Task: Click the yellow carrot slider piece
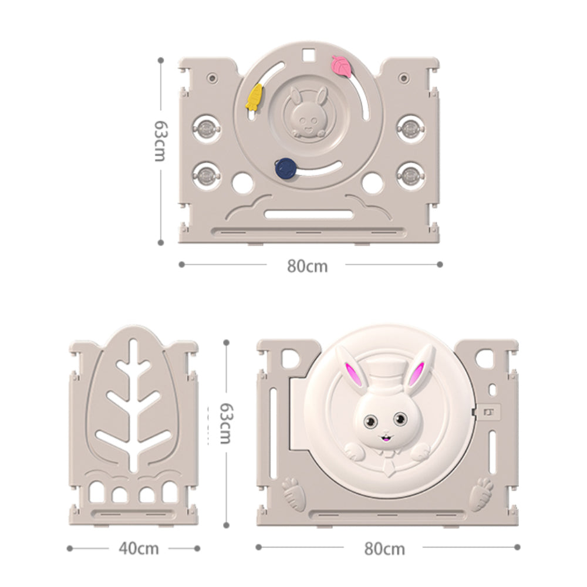pyautogui.click(x=254, y=97)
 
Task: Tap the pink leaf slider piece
pyautogui.click(x=342, y=66)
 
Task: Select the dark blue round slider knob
pyautogui.click(x=286, y=168)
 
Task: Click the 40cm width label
pyautogui.click(x=139, y=548)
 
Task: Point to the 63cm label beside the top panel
pyautogui.click(x=161, y=141)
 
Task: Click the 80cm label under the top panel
pyautogui.click(x=307, y=266)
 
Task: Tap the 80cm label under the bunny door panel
pyautogui.click(x=384, y=549)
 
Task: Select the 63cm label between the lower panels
pyautogui.click(x=225, y=423)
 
